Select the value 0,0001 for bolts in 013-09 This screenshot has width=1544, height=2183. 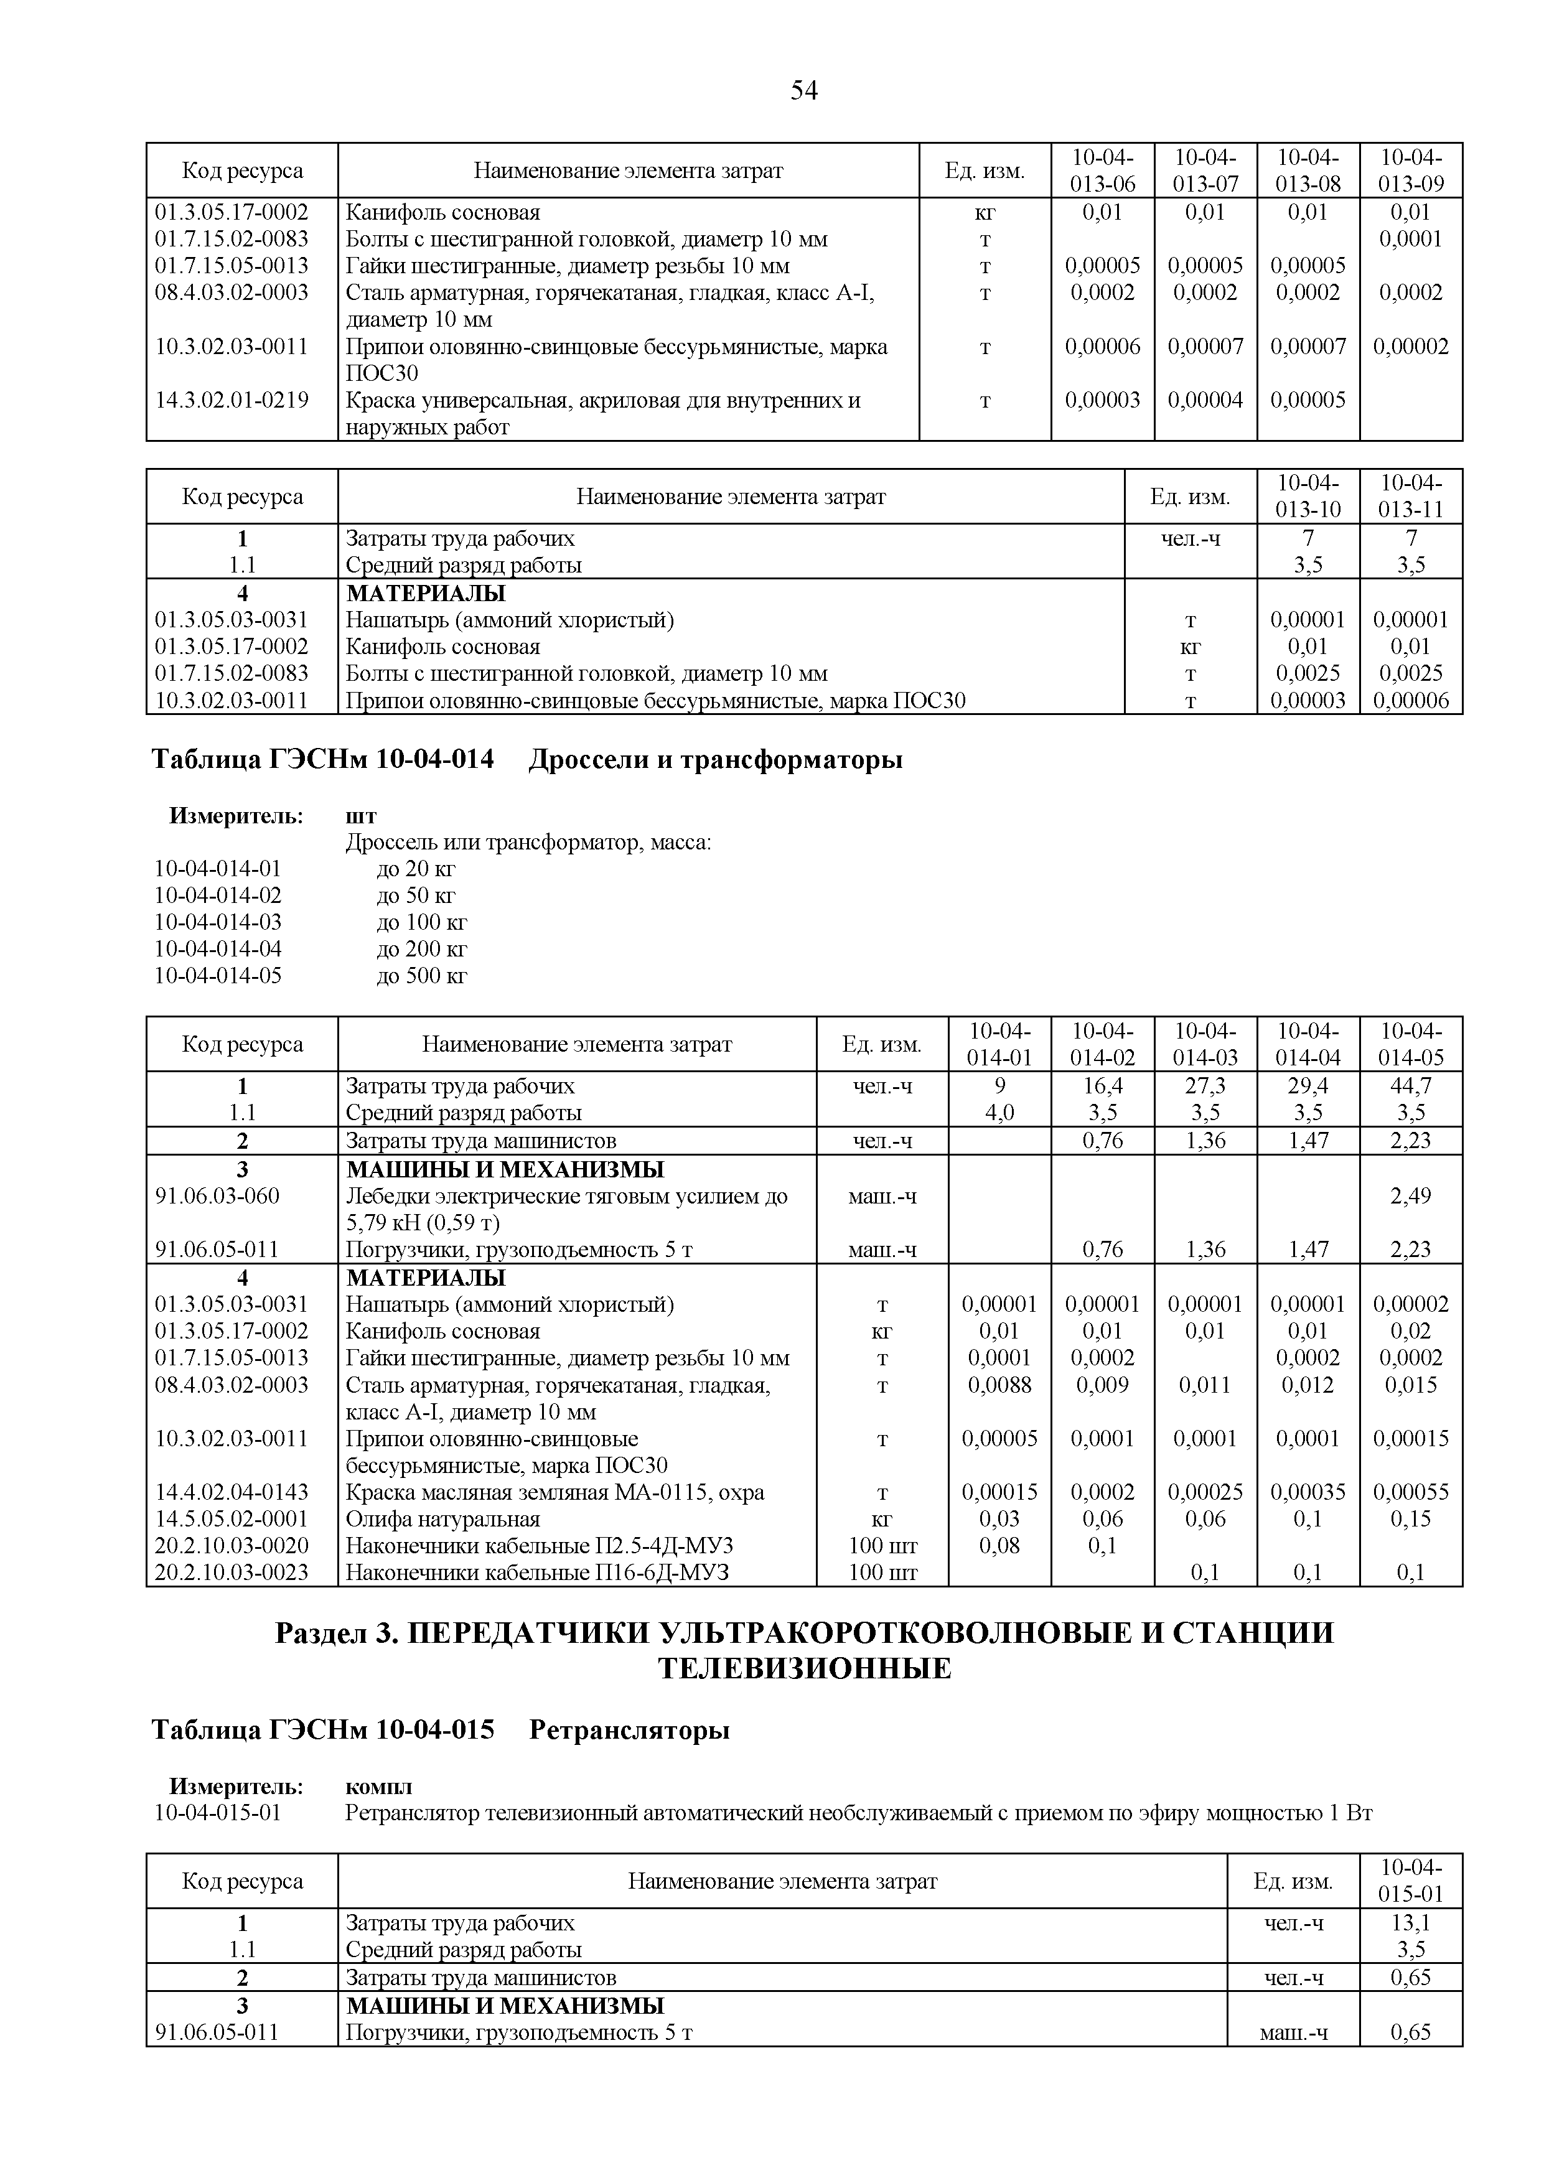(1410, 238)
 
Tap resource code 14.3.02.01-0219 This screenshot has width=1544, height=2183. (232, 400)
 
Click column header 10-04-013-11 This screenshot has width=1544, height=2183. (1410, 497)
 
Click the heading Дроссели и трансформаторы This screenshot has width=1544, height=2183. (715, 760)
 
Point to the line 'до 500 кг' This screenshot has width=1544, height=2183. (422, 976)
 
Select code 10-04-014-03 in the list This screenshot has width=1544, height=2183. (218, 922)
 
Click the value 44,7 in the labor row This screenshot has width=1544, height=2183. (1410, 1086)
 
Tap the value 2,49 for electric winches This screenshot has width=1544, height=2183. (1410, 1196)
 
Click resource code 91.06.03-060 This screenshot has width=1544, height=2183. (218, 1196)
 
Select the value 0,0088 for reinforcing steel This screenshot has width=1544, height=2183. (999, 1385)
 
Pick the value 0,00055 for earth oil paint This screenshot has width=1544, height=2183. (1410, 1493)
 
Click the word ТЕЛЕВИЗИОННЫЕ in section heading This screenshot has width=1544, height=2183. (804, 1668)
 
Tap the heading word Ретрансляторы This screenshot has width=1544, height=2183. (629, 1731)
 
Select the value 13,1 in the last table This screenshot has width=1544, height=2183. (1410, 1924)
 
